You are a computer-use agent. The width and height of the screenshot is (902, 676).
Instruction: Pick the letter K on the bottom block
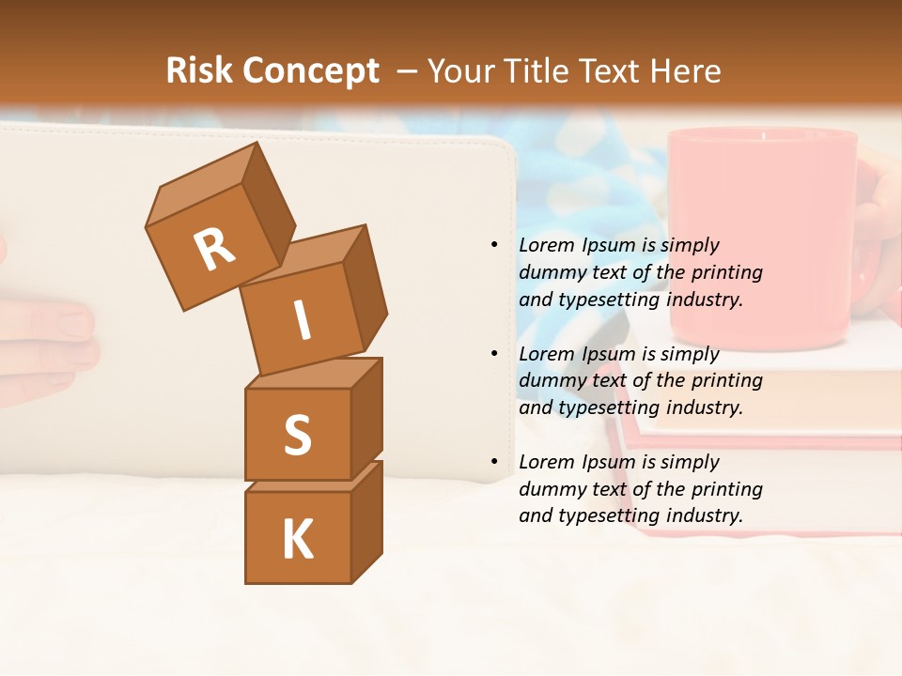[297, 540]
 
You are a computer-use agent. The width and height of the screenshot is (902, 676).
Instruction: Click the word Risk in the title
[199, 70]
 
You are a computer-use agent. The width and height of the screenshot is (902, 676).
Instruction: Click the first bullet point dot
[493, 245]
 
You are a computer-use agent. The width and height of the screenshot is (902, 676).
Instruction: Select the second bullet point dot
[493, 354]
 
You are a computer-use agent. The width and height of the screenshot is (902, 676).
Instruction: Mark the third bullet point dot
[493, 462]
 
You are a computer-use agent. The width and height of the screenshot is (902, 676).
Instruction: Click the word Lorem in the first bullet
[547, 245]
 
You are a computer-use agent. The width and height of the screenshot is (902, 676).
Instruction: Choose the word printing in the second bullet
[726, 380]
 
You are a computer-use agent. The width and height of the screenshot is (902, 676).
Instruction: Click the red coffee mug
[761, 235]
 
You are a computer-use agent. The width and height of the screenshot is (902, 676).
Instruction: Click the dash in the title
[408, 70]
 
